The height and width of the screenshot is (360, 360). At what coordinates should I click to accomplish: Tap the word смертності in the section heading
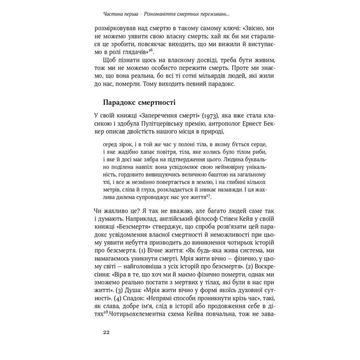[158, 103]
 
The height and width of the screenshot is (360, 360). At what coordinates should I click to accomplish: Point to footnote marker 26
[150, 50]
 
